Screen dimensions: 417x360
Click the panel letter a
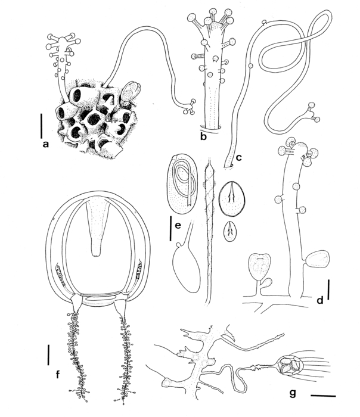click(45, 144)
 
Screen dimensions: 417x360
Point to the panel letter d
click(320, 301)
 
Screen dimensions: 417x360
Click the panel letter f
click(57, 375)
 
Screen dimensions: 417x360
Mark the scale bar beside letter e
click(170, 229)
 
